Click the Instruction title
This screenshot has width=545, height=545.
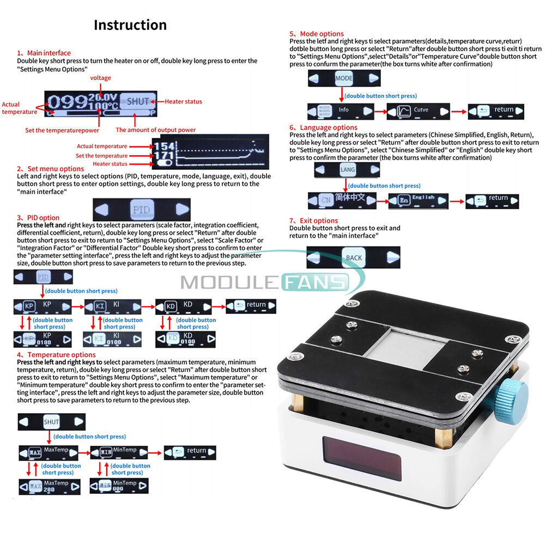pos(130,25)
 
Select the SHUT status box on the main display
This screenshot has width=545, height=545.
pos(138,101)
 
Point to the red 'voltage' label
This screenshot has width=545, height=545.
pos(100,78)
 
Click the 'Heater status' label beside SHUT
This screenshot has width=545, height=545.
pos(183,101)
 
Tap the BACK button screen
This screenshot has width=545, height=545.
pos(354,257)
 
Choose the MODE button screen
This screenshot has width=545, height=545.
pos(343,78)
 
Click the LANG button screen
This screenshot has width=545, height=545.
pos(347,170)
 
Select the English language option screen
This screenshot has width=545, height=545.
pos(418,201)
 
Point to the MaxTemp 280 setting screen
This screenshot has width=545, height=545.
pos(50,486)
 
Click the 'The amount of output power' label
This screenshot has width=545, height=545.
pos(155,130)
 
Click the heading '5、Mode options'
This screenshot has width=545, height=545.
pos(317,34)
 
